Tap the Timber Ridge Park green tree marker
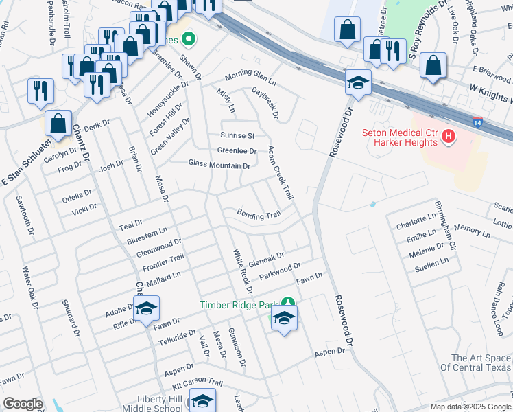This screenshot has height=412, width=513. coord(289,303)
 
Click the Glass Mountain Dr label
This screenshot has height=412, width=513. coord(219,165)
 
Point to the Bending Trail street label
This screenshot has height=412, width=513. coord(259,215)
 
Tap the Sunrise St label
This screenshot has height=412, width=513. coord(237,135)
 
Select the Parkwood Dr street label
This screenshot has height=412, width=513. coord(281,271)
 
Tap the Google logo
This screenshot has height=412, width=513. coord(23,404)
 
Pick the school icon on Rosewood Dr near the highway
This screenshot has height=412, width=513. coord(357,83)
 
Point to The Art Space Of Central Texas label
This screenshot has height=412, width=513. coord(481,363)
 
